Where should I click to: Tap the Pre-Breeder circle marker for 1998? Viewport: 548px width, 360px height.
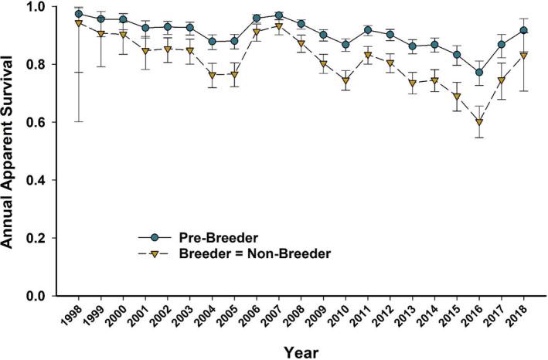78,14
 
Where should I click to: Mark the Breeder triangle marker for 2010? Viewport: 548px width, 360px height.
345,80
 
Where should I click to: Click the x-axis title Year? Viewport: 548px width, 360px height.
301,351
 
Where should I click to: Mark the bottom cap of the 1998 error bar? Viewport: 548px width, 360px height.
78,121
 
